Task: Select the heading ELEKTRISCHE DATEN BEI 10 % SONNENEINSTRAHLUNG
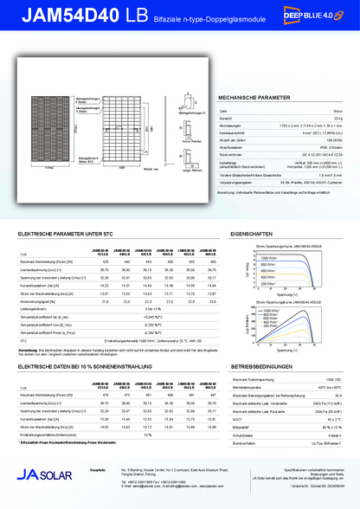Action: [91, 367]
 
